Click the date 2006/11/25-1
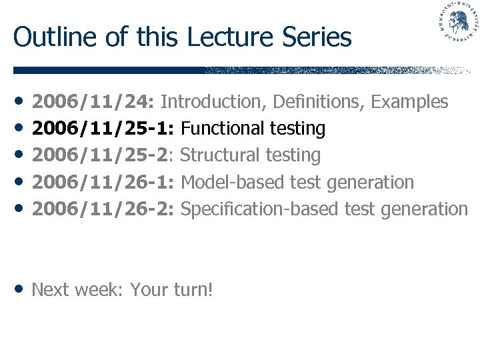coord(103,128)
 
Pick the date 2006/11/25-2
coord(103,155)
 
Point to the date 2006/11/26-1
coord(103,182)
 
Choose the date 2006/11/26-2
coord(103,209)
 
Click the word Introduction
coord(212,102)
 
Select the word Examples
coord(409,102)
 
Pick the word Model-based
coord(227,182)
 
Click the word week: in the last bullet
coord(99,290)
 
